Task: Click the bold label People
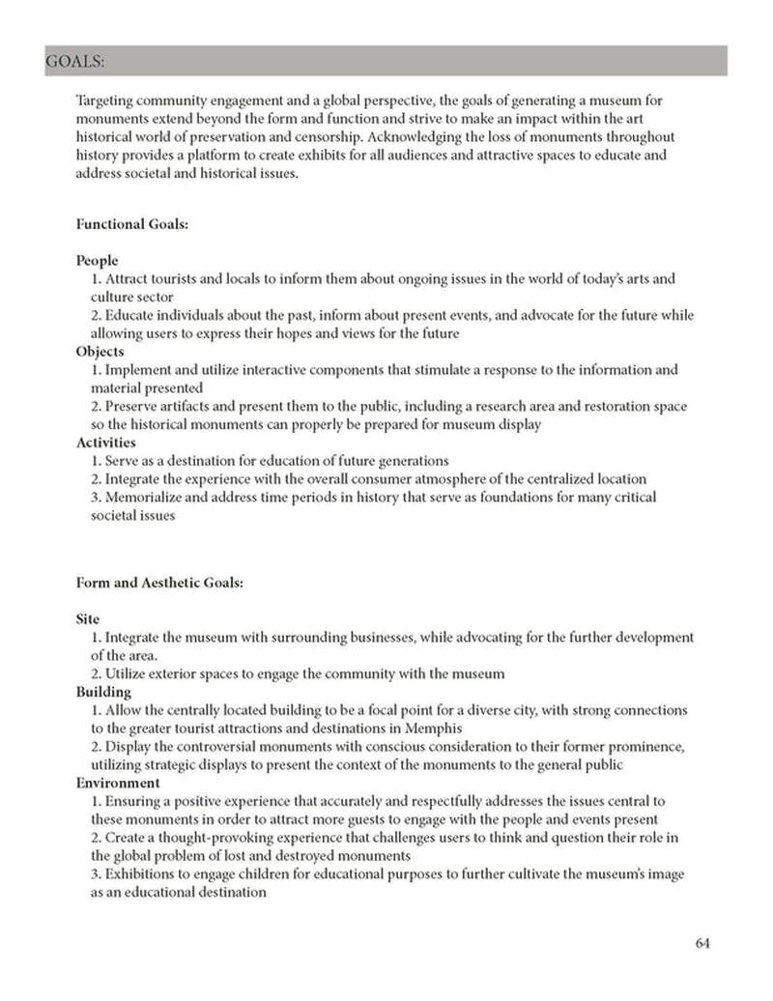click(x=97, y=260)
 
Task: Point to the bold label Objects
click(x=100, y=352)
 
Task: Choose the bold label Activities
click(x=105, y=443)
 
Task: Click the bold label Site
click(x=88, y=618)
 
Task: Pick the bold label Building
click(x=103, y=692)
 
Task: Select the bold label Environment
click(x=117, y=784)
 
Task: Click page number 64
click(x=702, y=944)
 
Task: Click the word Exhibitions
click(x=143, y=874)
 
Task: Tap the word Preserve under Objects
click(x=134, y=407)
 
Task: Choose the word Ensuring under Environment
click(x=135, y=802)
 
